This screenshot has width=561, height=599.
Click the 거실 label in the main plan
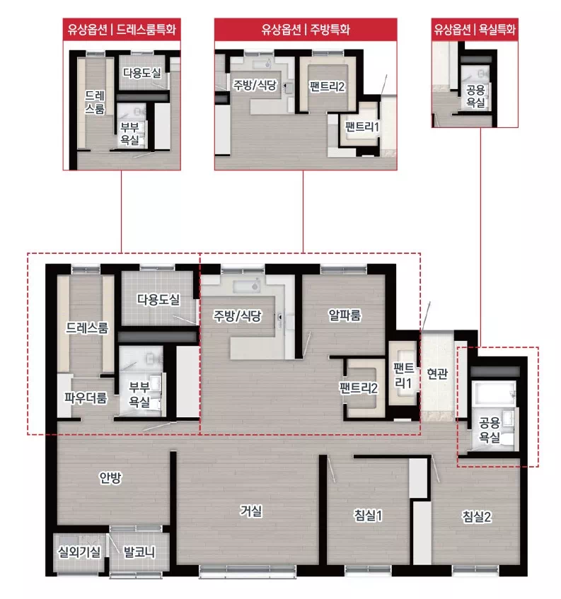pyautogui.click(x=250, y=511)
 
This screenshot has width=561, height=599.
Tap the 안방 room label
pyautogui.click(x=110, y=477)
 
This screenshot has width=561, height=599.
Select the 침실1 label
pyautogui.click(x=368, y=516)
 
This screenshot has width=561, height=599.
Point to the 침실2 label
pyautogui.click(x=477, y=516)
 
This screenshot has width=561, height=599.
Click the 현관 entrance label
pyautogui.click(x=437, y=373)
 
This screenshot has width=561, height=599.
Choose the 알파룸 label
pyautogui.click(x=345, y=315)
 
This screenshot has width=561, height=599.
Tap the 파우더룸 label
pyautogui.click(x=86, y=397)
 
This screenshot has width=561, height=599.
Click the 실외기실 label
pyautogui.click(x=79, y=551)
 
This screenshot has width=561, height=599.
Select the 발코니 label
pyautogui.click(x=139, y=552)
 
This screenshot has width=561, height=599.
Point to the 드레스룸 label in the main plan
pyautogui.click(x=87, y=327)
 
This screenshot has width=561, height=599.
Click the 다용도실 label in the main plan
pyautogui.click(x=158, y=299)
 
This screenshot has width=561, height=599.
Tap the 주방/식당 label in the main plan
pyautogui.click(x=237, y=315)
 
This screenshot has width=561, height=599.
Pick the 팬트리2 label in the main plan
pyautogui.click(x=359, y=388)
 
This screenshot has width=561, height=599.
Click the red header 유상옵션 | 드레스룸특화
pyautogui.click(x=122, y=30)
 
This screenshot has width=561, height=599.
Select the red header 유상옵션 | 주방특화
pyautogui.click(x=306, y=30)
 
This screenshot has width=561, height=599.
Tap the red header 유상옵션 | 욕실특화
pyautogui.click(x=475, y=30)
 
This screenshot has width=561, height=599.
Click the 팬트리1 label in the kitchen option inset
pyautogui.click(x=362, y=127)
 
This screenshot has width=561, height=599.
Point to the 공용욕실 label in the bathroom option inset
pyautogui.click(x=475, y=96)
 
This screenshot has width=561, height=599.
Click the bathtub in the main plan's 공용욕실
pyautogui.click(x=493, y=393)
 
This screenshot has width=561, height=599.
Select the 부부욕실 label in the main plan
pyautogui.click(x=139, y=394)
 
